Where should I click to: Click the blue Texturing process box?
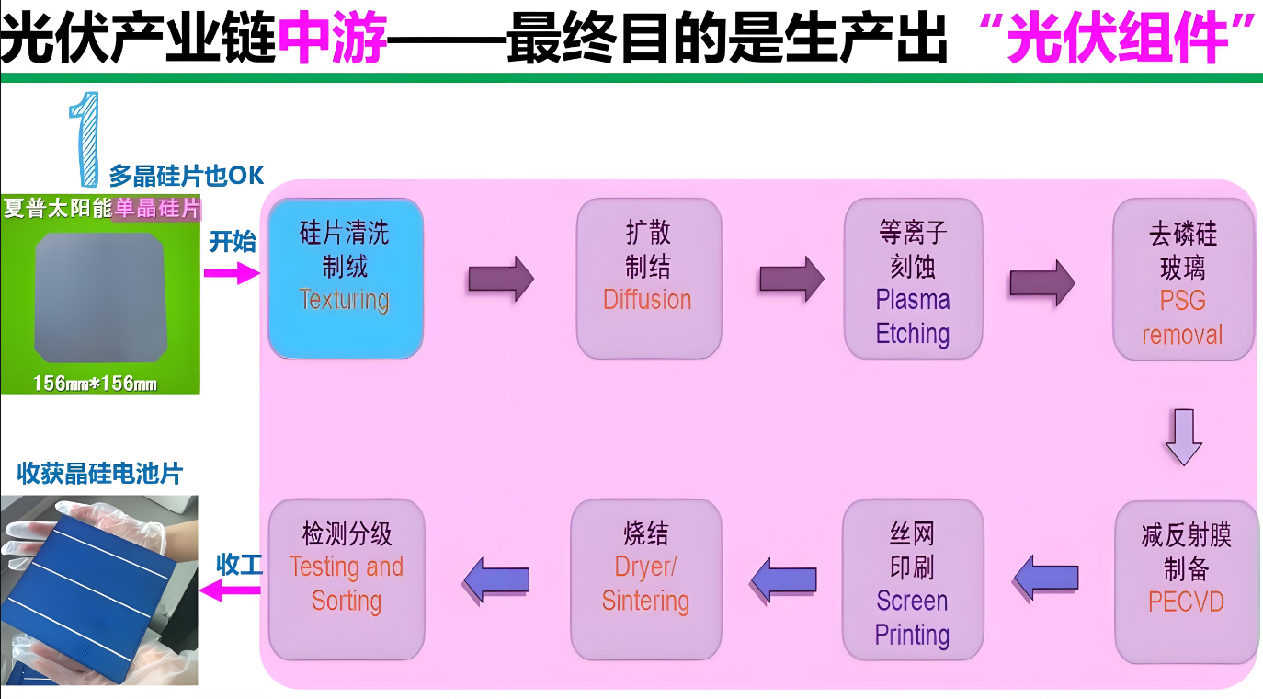(345, 278)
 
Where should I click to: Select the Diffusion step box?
(648, 278)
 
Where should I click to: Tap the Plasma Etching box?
(913, 278)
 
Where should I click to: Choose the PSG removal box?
(1183, 278)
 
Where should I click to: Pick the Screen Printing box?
(912, 579)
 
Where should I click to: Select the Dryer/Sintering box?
(645, 579)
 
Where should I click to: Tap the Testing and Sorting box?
(346, 579)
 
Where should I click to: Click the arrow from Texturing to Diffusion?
(500, 278)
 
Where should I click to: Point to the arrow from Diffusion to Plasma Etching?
(791, 278)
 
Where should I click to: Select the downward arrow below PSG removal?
(1183, 438)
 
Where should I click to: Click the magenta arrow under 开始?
(231, 272)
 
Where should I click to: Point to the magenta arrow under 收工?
(231, 590)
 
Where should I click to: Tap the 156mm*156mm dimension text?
(95, 383)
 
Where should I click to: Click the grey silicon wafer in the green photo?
(99, 294)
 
